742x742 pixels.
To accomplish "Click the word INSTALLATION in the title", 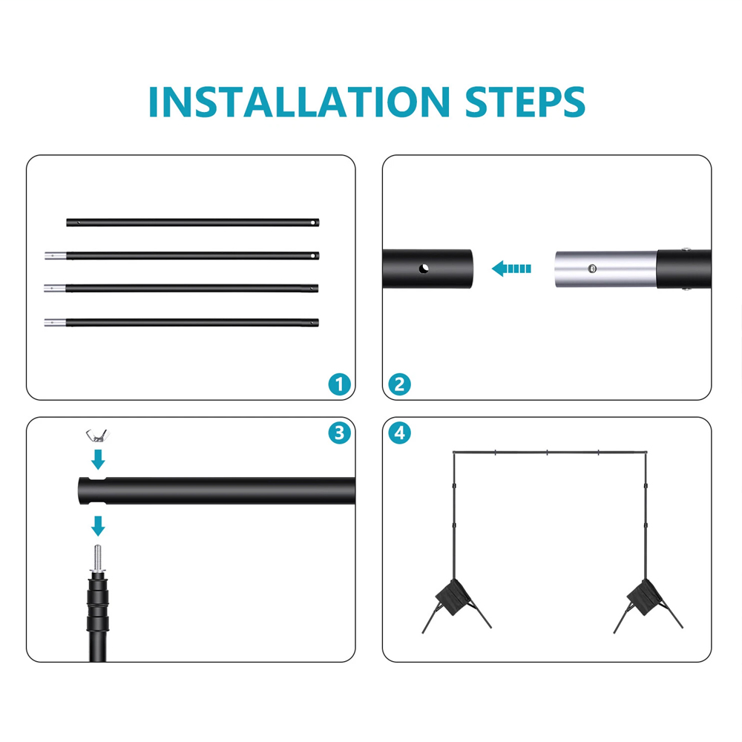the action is click(299, 102).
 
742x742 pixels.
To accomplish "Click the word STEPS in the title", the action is click(525, 102).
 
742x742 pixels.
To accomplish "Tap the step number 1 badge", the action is click(339, 384).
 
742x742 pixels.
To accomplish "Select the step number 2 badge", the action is click(399, 384).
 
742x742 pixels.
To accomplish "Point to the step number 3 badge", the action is click(339, 433).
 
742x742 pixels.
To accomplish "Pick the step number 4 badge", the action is click(399, 433).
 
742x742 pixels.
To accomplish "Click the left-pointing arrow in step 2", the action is click(511, 269).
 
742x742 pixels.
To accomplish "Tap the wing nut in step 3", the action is click(97, 436).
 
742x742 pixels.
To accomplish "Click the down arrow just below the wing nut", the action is click(98, 459).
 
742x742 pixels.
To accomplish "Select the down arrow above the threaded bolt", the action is click(98, 526).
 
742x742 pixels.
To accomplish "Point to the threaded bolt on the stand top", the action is click(97, 559).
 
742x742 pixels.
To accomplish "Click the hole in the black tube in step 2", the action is click(424, 269).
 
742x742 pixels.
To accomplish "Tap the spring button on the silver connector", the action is click(592, 269).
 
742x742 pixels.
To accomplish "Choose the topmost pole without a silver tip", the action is click(193, 223).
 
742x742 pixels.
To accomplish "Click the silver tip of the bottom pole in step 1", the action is click(55, 323).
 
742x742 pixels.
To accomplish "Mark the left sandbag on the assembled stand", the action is click(453, 597).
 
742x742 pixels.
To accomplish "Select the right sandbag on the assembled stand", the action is click(645, 597).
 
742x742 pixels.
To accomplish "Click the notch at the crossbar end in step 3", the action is click(97, 480).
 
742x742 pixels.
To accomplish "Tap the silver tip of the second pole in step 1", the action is click(56, 256).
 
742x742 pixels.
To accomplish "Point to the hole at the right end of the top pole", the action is click(313, 223).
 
